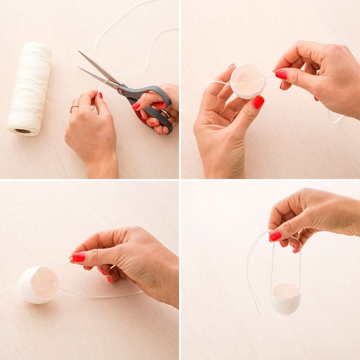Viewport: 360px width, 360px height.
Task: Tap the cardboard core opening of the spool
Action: [x=22, y=131]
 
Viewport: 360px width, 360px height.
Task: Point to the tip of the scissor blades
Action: [x=80, y=52]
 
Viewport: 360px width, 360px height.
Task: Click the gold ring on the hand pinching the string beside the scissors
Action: [x=74, y=107]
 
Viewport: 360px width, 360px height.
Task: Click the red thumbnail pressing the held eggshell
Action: [x=258, y=102]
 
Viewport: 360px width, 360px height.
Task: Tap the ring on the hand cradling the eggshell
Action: [x=217, y=112]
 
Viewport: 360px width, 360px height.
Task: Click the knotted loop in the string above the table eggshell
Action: [x=65, y=261]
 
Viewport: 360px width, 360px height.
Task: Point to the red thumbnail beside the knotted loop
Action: [x=79, y=257]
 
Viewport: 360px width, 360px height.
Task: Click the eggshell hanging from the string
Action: [x=286, y=299]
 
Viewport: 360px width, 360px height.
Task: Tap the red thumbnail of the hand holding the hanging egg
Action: [x=275, y=236]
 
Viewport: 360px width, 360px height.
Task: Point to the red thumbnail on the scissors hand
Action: [x=136, y=106]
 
